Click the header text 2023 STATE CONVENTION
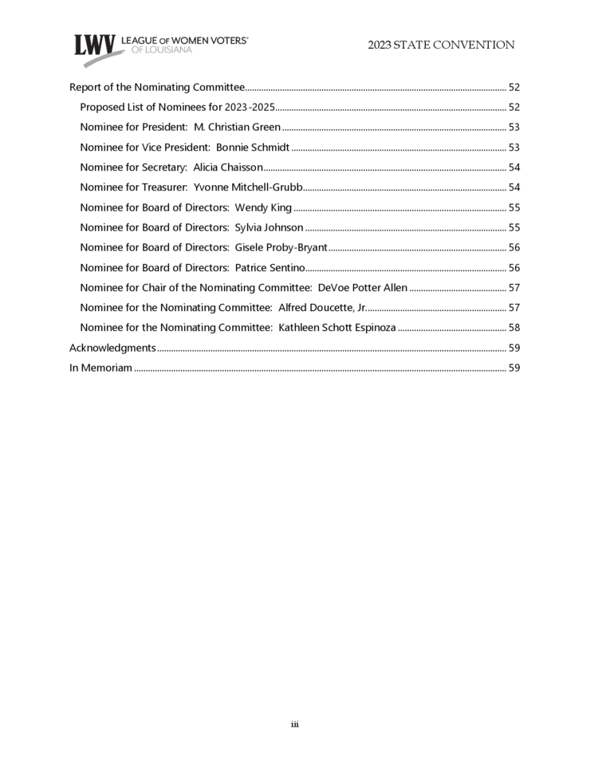pos(441,45)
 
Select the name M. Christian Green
pos(237,127)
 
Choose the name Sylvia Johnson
pos(269,227)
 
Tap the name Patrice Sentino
pos(269,267)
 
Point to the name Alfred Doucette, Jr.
pos(322,307)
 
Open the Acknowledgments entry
pos(112,348)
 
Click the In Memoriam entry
pos(100,368)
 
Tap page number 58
pos(513,328)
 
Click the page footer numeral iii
pos(294,724)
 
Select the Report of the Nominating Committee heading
pos(157,88)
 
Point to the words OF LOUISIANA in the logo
pos(162,49)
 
